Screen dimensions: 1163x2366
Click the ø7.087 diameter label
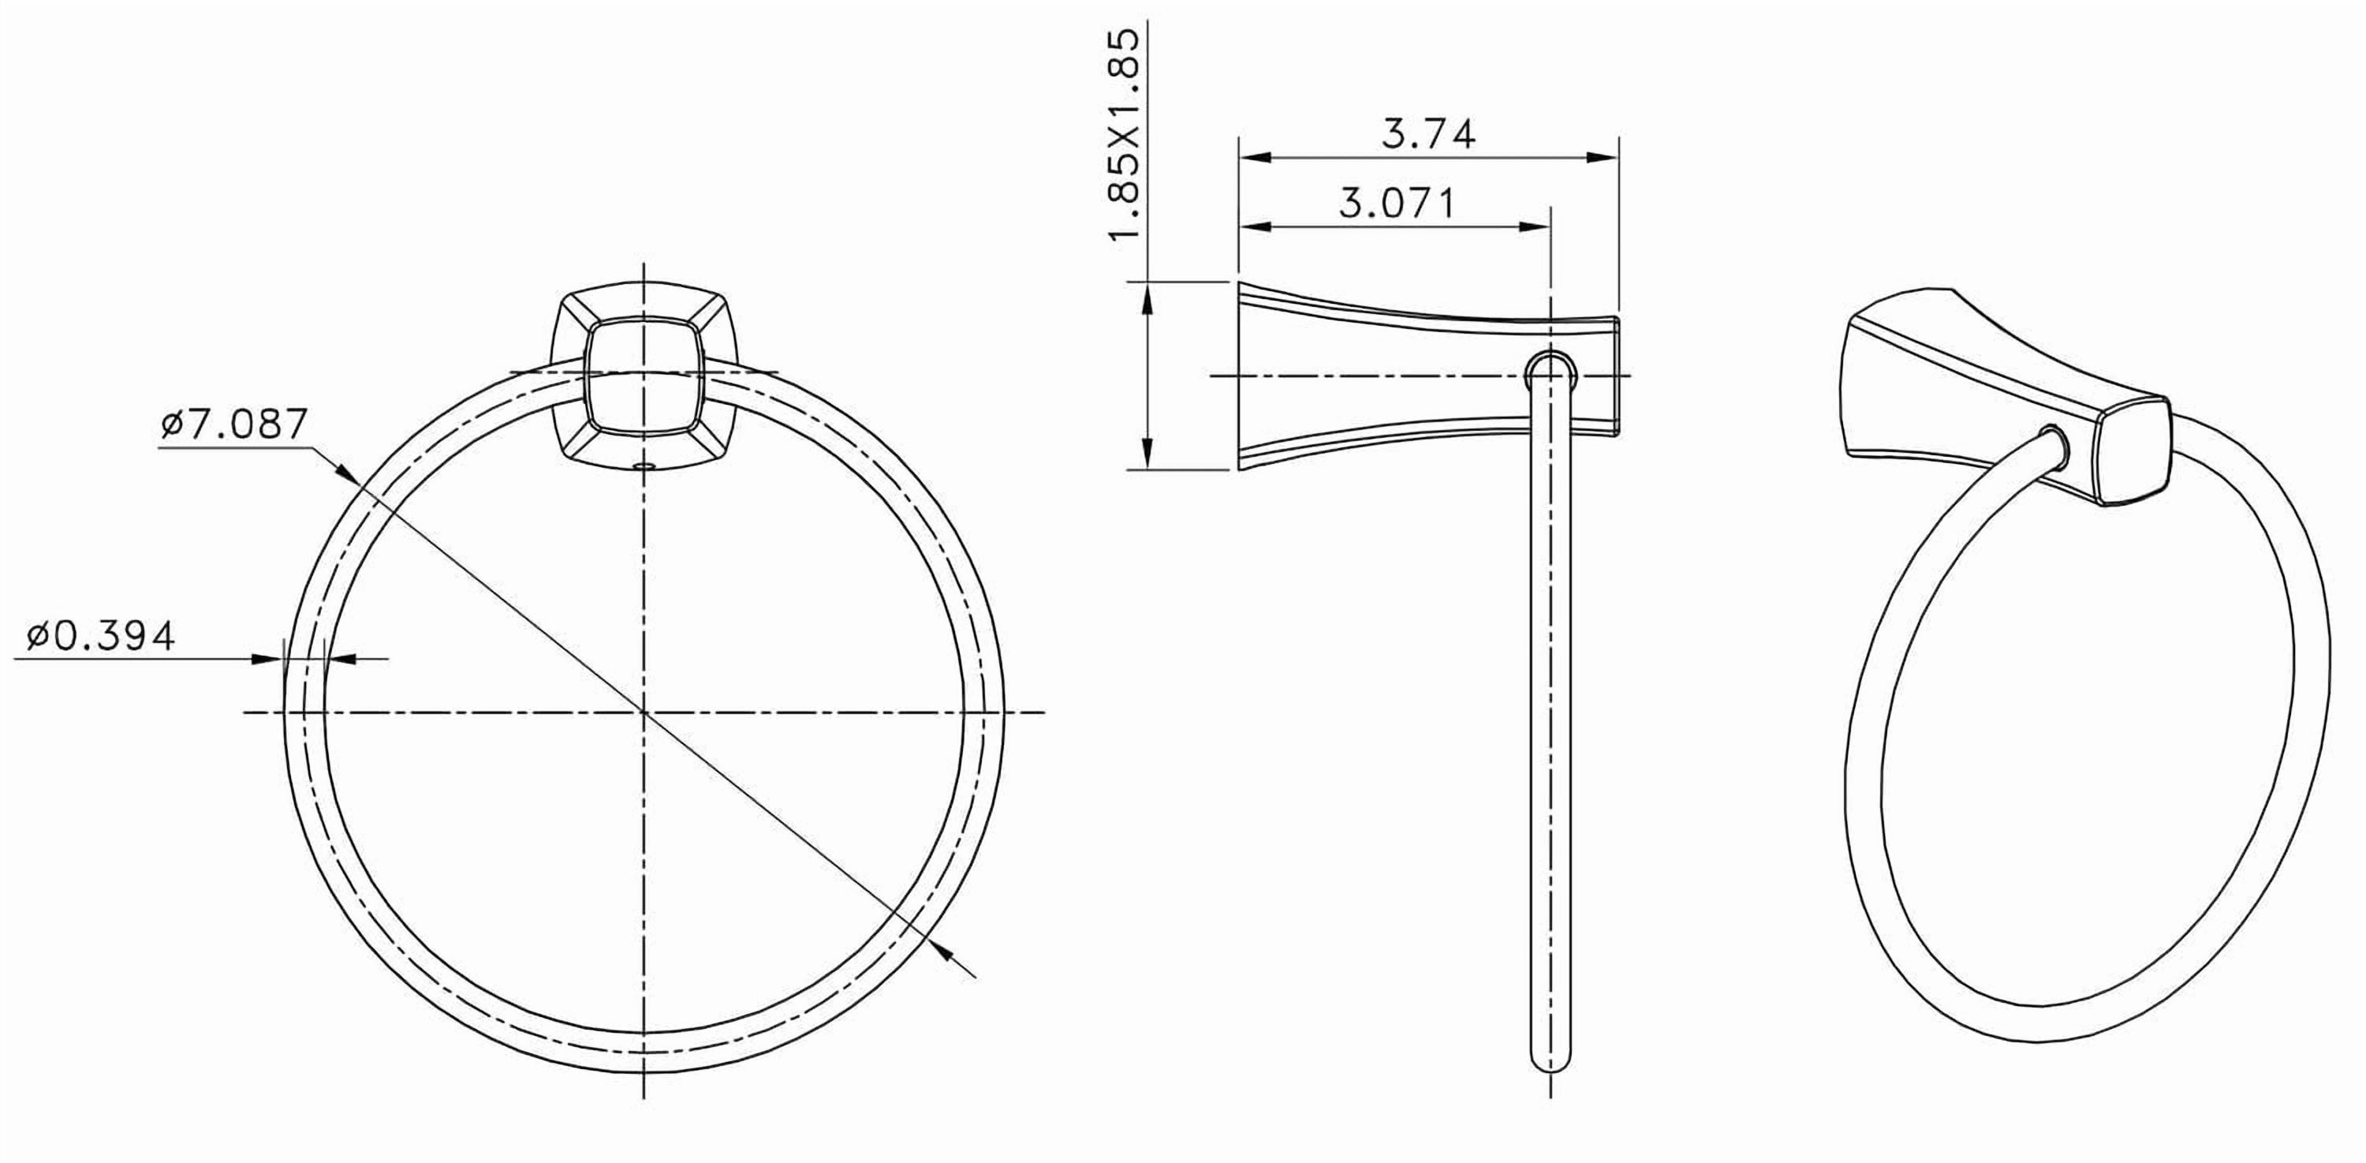(x=233, y=424)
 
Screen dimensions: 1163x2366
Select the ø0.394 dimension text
(x=100, y=636)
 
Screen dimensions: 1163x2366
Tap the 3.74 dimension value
(x=1428, y=134)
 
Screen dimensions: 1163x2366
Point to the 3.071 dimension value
(x=1397, y=203)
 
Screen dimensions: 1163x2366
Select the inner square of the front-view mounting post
(x=643, y=376)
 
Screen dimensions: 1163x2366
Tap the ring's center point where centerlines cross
(x=643, y=712)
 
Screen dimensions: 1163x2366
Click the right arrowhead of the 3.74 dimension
(x=1605, y=158)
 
